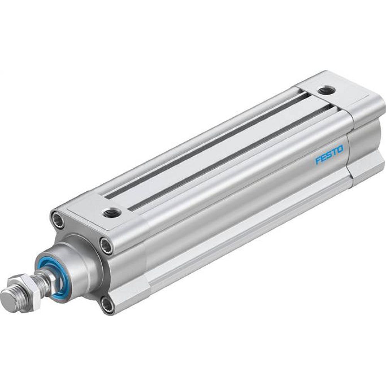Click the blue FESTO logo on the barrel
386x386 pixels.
click(329, 157)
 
